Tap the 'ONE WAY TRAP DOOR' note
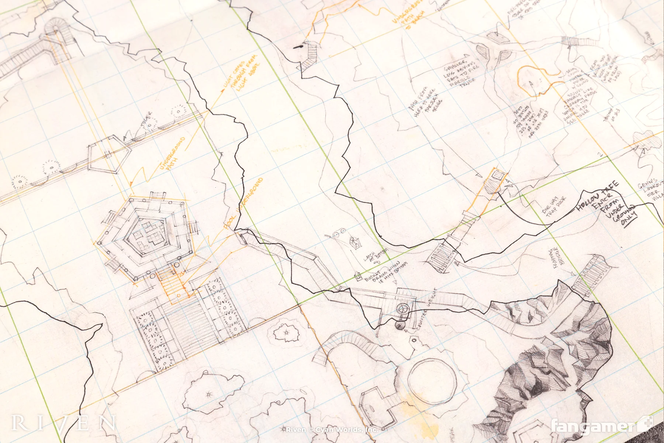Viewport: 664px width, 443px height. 553,207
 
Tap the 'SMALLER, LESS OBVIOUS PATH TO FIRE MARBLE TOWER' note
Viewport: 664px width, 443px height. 459,74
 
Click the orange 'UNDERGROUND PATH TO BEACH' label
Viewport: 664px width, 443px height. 409,15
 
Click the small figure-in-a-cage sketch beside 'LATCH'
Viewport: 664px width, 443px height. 355,243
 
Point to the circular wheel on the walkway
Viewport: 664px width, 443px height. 403,308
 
